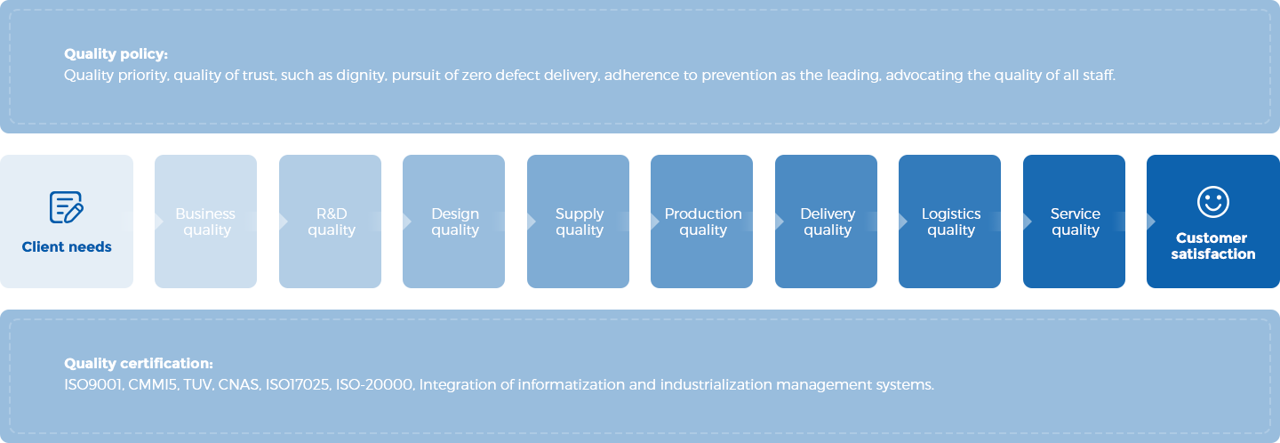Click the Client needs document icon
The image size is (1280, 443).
67,207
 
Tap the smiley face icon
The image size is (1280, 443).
1212,202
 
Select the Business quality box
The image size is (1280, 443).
205,221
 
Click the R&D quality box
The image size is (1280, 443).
330,221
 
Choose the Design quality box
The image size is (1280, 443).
453,221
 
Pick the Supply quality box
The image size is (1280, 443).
578,221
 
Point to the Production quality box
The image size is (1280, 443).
701,221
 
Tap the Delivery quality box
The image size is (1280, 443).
826,221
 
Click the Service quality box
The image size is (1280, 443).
1074,221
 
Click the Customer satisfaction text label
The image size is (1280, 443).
1212,246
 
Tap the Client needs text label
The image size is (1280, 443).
67,246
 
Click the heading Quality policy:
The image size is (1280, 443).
116,54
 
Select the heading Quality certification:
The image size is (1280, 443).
139,363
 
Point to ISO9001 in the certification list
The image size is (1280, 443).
93,385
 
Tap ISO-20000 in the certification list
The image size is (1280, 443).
374,385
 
